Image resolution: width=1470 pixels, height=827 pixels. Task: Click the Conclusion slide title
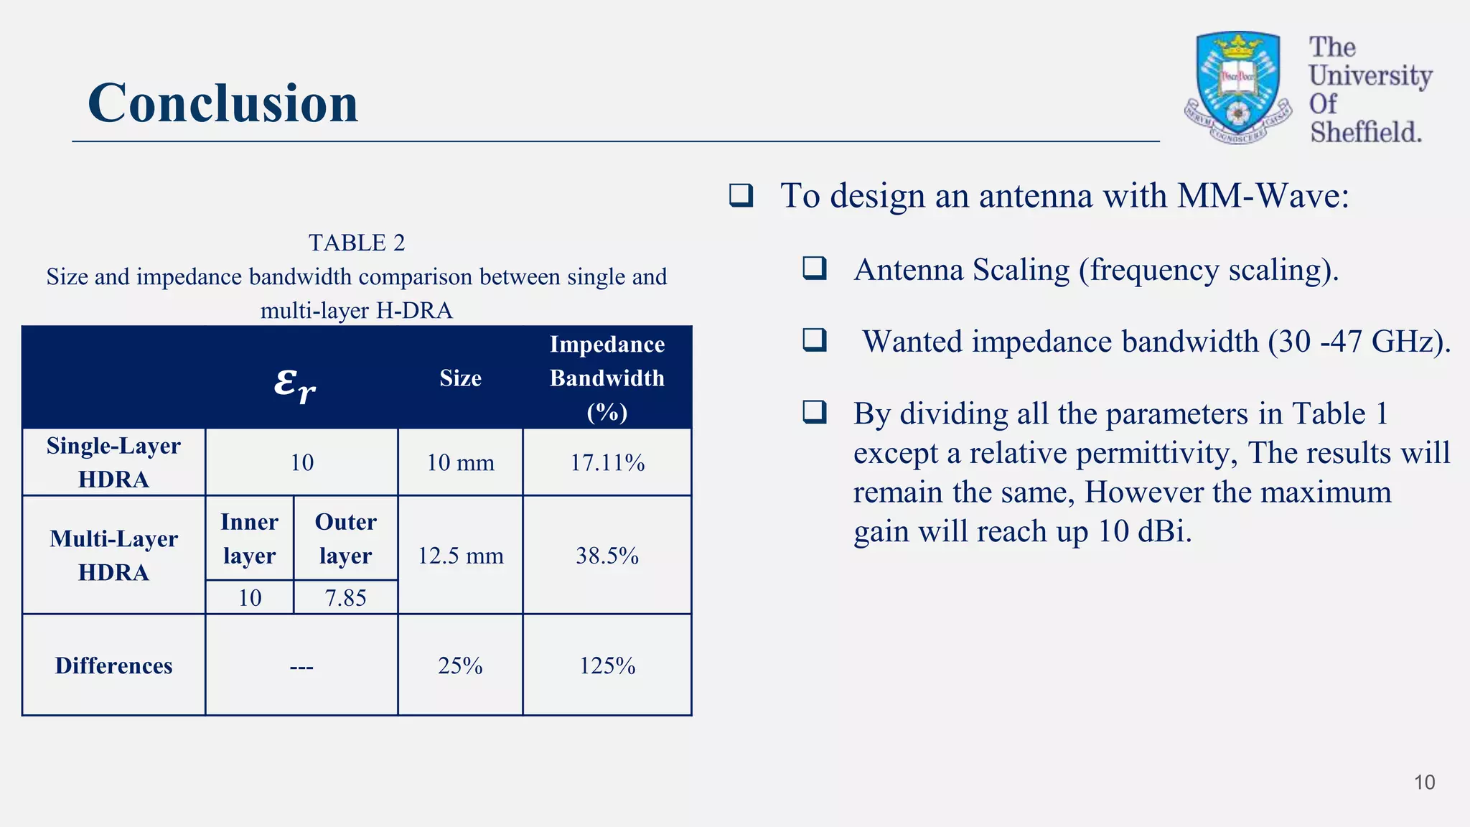pyautogui.click(x=223, y=103)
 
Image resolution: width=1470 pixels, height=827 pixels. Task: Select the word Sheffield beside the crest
pyautogui.click(x=1365, y=132)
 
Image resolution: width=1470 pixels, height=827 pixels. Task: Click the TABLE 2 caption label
pyautogui.click(x=357, y=243)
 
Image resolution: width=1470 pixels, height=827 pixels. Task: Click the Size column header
pyautogui.click(x=460, y=378)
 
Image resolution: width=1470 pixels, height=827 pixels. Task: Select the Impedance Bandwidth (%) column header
pyautogui.click(x=607, y=378)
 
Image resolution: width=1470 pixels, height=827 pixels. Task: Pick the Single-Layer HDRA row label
pyautogui.click(x=113, y=462)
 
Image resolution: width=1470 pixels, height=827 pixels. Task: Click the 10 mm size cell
pyautogui.click(x=460, y=462)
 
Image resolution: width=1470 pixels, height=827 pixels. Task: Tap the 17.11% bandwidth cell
pyautogui.click(x=607, y=462)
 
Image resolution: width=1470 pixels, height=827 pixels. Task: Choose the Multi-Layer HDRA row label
pyautogui.click(x=113, y=555)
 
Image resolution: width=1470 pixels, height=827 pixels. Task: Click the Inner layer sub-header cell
pyautogui.click(x=249, y=538)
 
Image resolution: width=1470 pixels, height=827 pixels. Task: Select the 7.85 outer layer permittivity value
pyautogui.click(x=345, y=597)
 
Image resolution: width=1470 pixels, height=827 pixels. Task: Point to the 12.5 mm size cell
pyautogui.click(x=460, y=555)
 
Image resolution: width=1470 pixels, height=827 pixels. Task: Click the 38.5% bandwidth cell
pyautogui.click(x=607, y=555)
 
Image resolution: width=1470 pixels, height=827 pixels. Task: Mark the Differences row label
pyautogui.click(x=113, y=665)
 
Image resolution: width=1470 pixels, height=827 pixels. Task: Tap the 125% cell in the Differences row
pyautogui.click(x=607, y=665)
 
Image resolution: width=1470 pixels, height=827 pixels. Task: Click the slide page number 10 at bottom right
pyautogui.click(x=1424, y=782)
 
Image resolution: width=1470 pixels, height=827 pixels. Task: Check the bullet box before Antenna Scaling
pyautogui.click(x=815, y=268)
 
